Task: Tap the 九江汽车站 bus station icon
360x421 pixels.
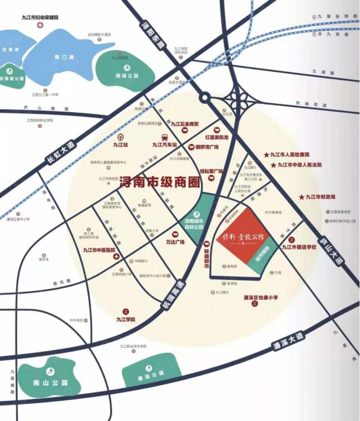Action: point(164,137)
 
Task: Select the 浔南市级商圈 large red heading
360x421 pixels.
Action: point(159,182)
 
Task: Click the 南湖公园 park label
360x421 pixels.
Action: point(127,76)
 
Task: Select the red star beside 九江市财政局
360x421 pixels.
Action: point(302,197)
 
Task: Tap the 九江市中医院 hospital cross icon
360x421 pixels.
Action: point(116,257)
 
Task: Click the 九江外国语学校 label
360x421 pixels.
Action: point(299,247)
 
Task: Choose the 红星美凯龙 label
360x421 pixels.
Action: point(217,137)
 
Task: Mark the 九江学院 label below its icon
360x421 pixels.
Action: point(125,319)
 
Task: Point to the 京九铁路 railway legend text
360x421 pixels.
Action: point(333,34)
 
